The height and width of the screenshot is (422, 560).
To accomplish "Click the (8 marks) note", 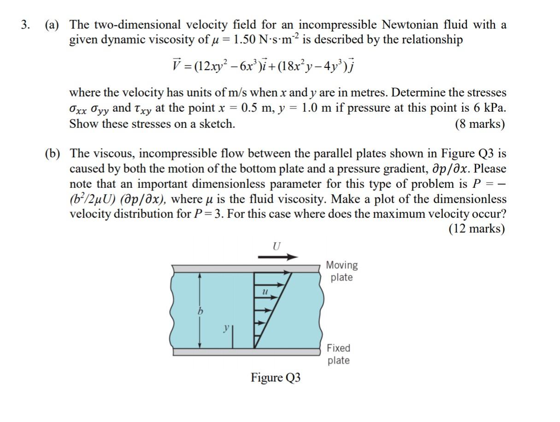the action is click(480, 124).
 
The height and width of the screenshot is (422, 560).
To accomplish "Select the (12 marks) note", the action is click(477, 229).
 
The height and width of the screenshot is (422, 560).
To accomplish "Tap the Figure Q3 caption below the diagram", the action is click(276, 378).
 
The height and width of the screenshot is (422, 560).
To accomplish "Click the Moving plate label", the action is click(342, 271).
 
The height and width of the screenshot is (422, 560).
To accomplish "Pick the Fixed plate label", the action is click(339, 354).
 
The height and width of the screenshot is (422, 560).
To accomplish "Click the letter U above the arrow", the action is click(276, 246).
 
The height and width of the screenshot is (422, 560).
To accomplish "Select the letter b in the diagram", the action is click(200, 312).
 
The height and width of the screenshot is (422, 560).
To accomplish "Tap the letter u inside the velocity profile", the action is click(265, 291).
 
